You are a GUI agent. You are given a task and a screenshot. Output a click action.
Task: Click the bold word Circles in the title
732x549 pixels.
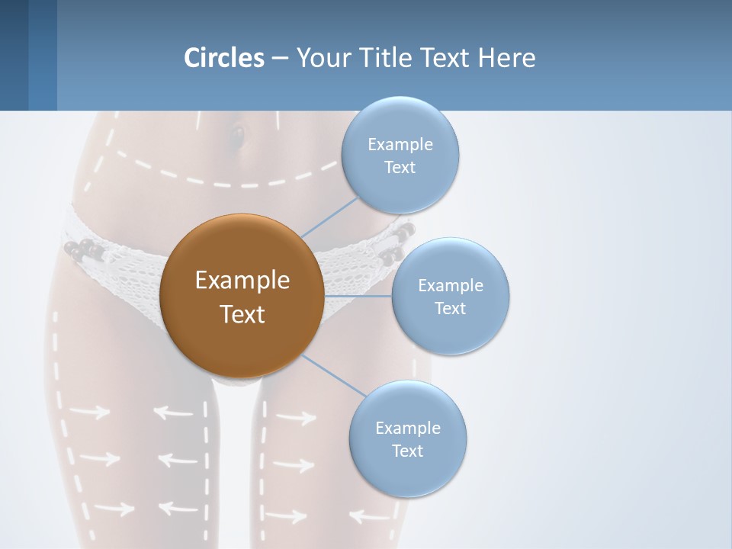pyautogui.click(x=223, y=58)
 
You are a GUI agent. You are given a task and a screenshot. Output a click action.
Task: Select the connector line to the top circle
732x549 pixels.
pyautogui.click(x=329, y=217)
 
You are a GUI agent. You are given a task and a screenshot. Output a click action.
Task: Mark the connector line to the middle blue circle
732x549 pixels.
pyautogui.click(x=358, y=296)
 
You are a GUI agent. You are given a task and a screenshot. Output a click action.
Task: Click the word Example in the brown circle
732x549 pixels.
pyautogui.click(x=242, y=281)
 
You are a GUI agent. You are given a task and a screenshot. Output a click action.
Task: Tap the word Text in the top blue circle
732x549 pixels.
pyautogui.click(x=400, y=168)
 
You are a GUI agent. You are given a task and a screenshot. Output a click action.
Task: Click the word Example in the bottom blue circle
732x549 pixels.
pyautogui.click(x=408, y=429)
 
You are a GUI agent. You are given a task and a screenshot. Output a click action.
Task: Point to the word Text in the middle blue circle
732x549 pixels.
pyautogui.click(x=450, y=309)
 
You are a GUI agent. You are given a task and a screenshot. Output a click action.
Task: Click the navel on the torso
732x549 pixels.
pyautogui.click(x=237, y=136)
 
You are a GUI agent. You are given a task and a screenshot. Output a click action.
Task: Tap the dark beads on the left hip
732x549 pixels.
pyautogui.click(x=82, y=249)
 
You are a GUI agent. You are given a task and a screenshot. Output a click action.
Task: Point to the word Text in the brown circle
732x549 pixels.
pyautogui.click(x=242, y=314)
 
